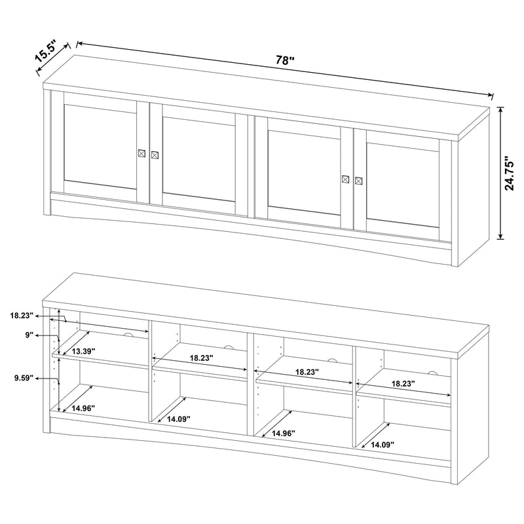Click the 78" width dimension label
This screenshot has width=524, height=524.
click(284, 60)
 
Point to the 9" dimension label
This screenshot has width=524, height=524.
click(29, 335)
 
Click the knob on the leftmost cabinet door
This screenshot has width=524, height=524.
click(141, 153)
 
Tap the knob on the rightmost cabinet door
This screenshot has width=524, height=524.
click(358, 181)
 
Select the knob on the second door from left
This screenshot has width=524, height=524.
click(155, 155)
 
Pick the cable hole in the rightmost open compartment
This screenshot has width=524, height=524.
click(432, 373)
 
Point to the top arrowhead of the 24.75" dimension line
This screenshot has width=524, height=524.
click(502, 110)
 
